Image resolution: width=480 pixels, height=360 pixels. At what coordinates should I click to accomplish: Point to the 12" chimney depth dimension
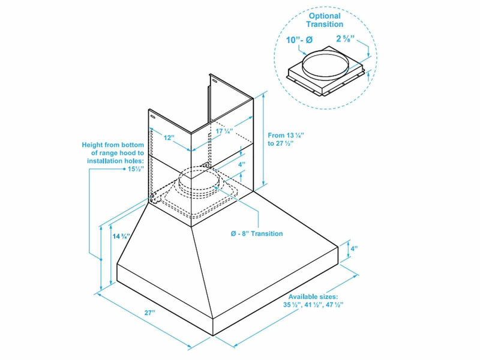click(169, 138)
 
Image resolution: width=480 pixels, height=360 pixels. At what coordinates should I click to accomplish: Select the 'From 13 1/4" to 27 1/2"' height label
click(287, 140)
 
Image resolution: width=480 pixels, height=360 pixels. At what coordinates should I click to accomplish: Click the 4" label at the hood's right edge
click(354, 247)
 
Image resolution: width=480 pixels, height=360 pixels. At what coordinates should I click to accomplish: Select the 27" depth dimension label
click(149, 313)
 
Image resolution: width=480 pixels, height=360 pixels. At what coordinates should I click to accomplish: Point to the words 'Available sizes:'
click(313, 297)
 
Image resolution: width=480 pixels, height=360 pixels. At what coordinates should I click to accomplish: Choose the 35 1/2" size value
click(293, 305)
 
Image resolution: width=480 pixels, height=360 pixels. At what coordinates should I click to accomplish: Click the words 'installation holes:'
click(115, 161)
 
